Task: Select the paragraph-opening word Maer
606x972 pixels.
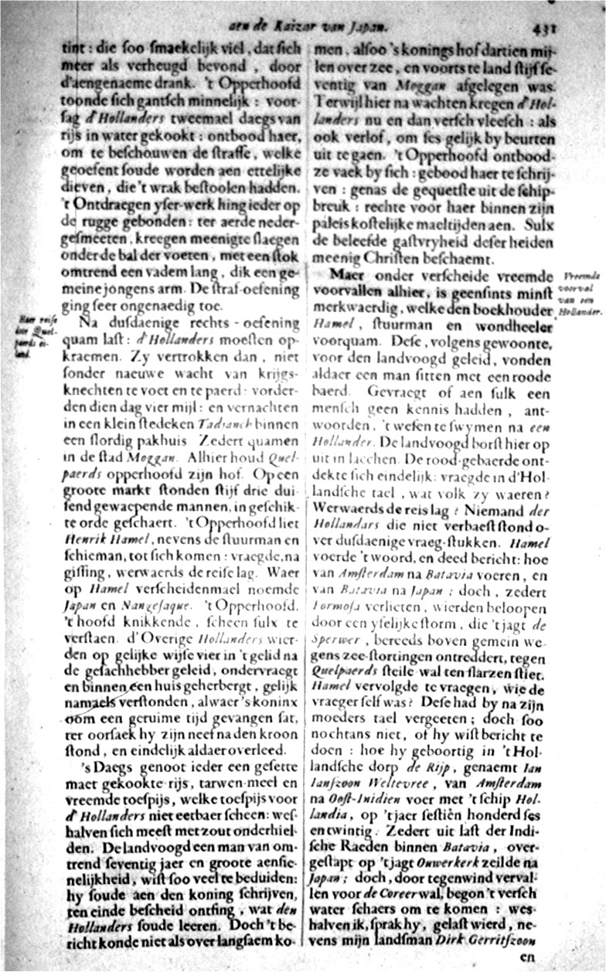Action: point(346,276)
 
